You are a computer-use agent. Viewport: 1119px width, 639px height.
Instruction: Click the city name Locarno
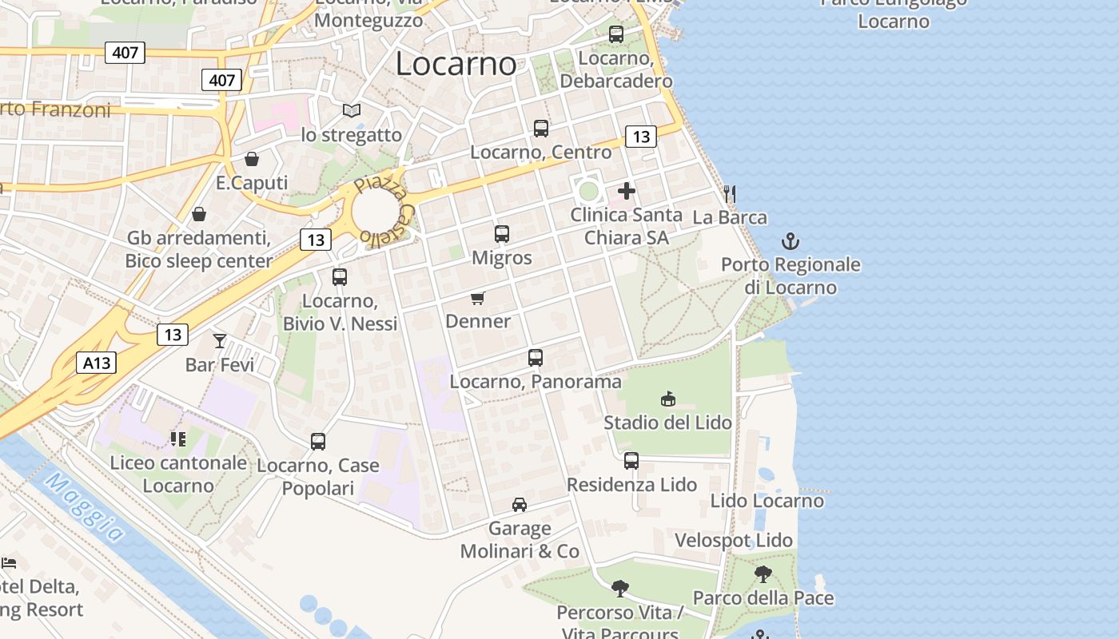[456, 63]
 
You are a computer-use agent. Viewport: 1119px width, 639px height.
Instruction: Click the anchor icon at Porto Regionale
[790, 241]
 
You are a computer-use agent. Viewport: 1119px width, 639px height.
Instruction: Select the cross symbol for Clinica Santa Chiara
[627, 191]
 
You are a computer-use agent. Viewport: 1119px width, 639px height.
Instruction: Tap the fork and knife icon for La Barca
[729, 193]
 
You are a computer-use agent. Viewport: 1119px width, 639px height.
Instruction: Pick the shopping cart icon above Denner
[478, 299]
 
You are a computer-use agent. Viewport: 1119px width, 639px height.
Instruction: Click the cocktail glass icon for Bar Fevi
[220, 341]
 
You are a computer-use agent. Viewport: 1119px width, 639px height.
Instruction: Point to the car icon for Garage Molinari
[520, 504]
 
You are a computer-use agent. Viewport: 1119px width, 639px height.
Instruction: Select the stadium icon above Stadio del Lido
[668, 399]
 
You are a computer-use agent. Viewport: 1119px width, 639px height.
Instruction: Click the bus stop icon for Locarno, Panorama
[536, 358]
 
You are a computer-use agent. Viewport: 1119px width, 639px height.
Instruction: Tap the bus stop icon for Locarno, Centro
[541, 128]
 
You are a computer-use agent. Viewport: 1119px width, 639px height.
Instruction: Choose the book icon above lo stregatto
[352, 110]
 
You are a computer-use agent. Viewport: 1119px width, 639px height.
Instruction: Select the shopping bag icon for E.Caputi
[252, 159]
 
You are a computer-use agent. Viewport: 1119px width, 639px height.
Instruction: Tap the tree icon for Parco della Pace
[763, 574]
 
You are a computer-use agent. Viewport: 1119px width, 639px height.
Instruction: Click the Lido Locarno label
[767, 501]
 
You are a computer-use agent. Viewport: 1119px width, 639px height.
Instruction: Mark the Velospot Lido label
[733, 541]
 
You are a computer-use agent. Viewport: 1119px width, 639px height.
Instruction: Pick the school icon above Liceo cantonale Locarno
[177, 439]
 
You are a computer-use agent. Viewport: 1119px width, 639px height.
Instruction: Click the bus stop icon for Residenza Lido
[631, 461]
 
